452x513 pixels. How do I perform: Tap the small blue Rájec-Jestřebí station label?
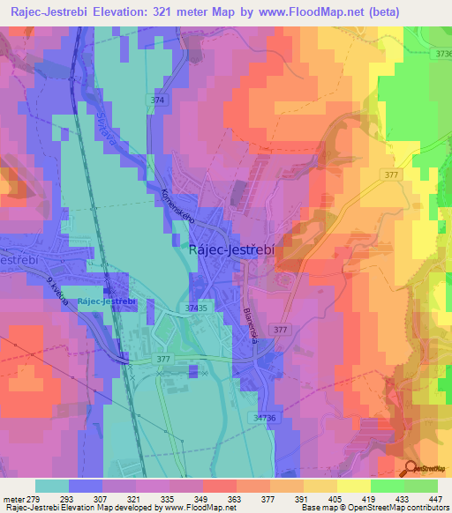click(106, 301)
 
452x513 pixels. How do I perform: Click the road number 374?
click(157, 101)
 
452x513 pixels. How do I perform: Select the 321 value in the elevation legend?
click(132, 499)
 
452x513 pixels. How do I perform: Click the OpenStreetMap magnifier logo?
click(412, 469)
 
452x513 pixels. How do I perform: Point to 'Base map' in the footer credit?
click(316, 508)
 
